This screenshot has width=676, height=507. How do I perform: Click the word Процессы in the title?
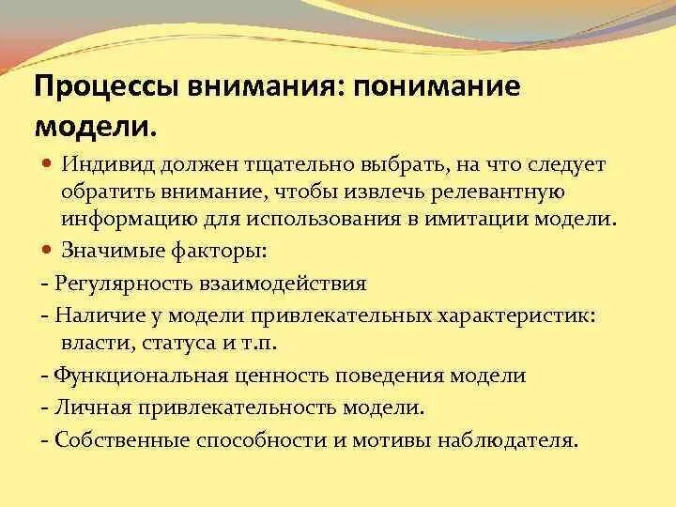[x=104, y=87]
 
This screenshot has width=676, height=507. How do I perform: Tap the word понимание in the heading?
[x=439, y=87]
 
